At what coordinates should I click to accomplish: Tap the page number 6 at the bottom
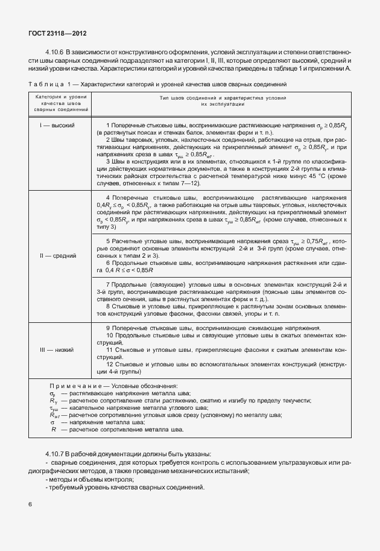pyautogui.click(x=30, y=503)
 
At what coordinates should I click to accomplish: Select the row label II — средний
pyautogui.click(x=57, y=255)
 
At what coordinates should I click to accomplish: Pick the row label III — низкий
pyautogui.click(x=57, y=349)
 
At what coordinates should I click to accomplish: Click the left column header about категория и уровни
pyautogui.click(x=60, y=103)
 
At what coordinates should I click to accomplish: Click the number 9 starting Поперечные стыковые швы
pyautogui.click(x=107, y=328)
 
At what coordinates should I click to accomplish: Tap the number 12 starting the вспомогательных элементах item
pyautogui.click(x=109, y=365)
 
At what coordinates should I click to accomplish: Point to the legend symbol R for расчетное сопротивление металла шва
pyautogui.click(x=54, y=429)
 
